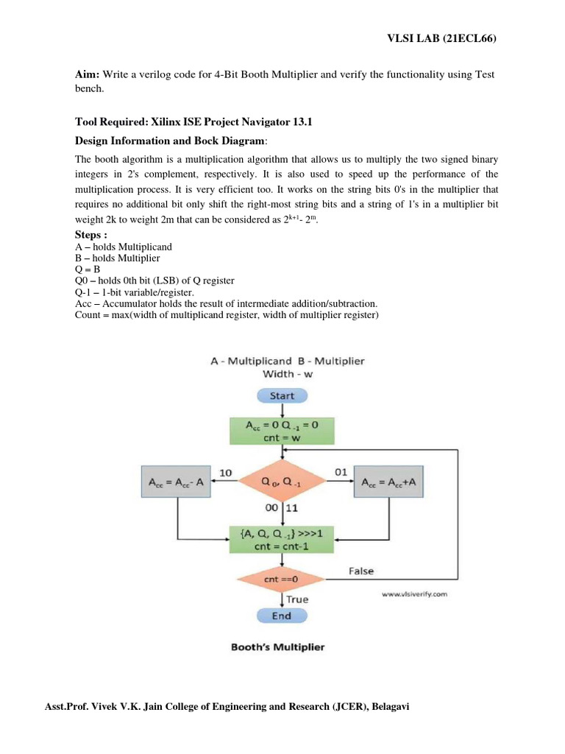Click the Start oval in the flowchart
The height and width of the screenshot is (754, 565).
click(x=282, y=395)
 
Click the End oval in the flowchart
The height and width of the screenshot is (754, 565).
click(x=282, y=616)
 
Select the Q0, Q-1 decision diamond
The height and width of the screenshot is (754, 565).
click(x=282, y=482)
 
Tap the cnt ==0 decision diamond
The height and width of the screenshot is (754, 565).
click(x=282, y=580)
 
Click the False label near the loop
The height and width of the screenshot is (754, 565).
click(x=360, y=571)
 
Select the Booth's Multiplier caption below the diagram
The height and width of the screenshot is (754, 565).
click(x=277, y=648)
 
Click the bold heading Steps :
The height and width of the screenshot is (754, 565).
click(x=92, y=235)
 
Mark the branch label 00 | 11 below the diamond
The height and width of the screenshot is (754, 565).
click(x=280, y=507)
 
